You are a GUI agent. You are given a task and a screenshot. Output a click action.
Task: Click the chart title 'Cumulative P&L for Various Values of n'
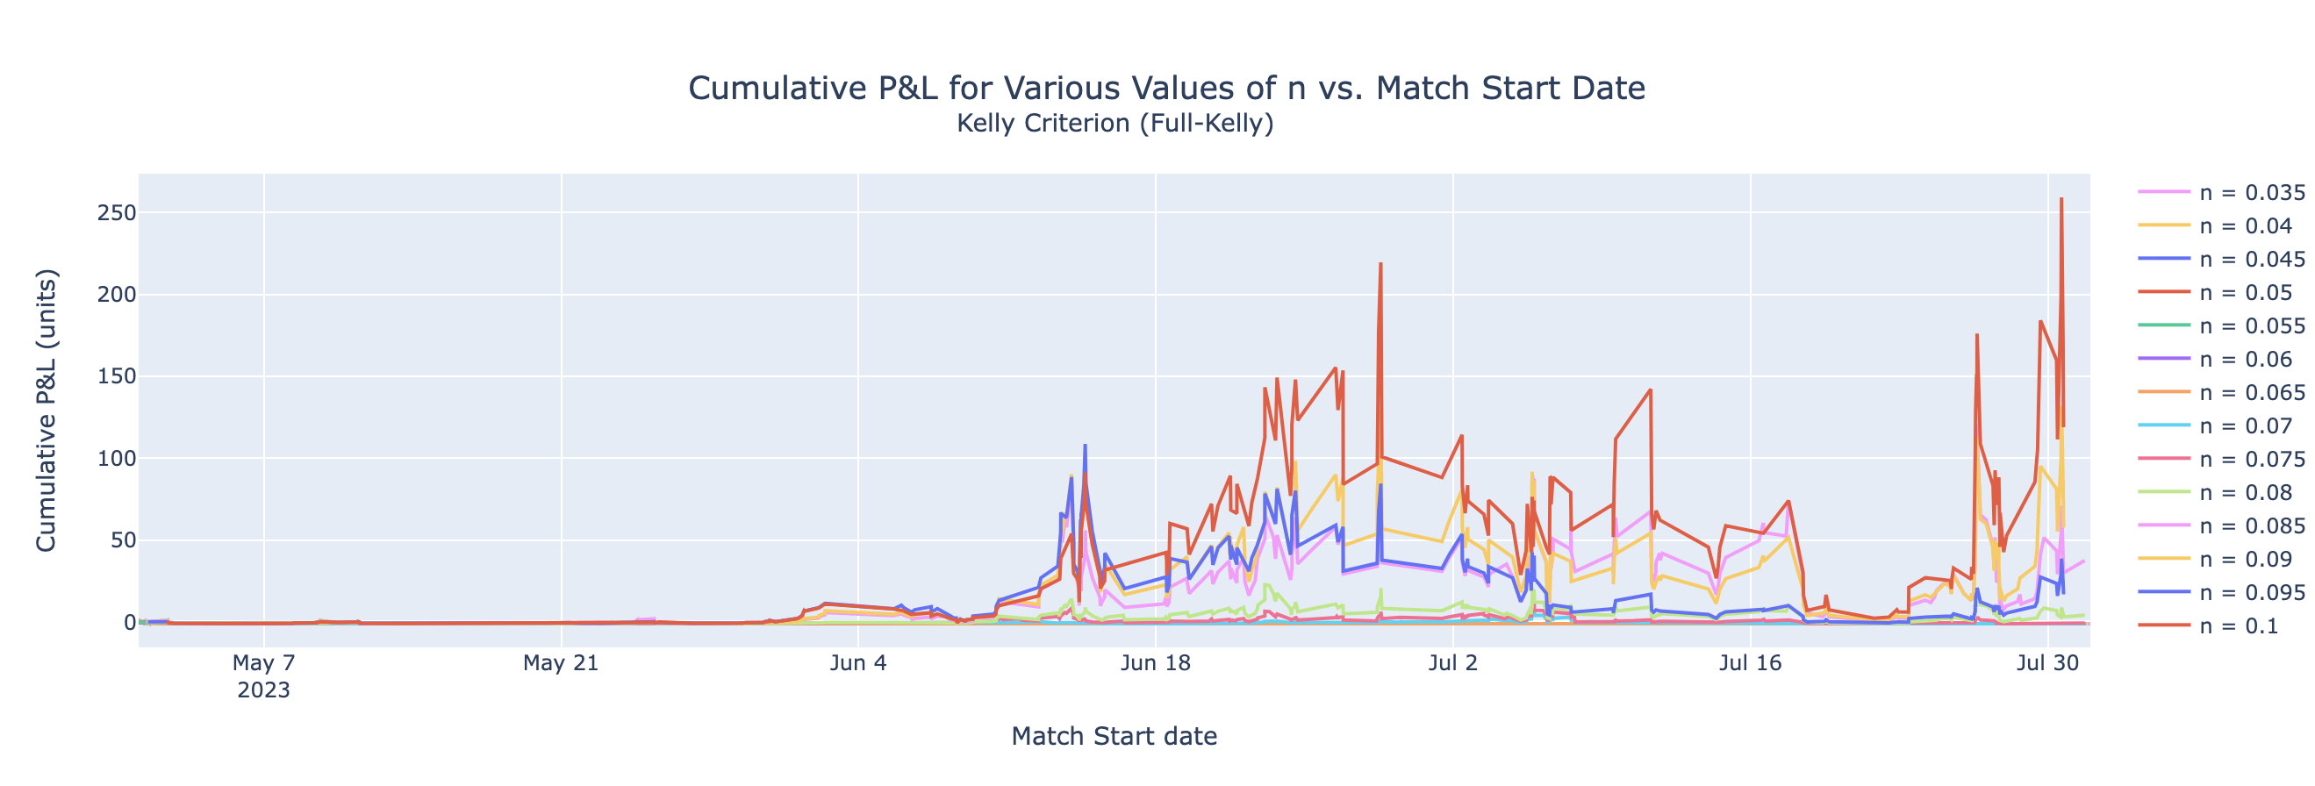coord(1165,88)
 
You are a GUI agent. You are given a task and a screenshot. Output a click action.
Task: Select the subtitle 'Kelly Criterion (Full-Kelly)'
coord(1114,123)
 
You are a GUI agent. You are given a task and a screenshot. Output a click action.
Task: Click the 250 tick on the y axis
coord(118,213)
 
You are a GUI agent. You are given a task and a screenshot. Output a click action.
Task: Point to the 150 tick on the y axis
coord(118,376)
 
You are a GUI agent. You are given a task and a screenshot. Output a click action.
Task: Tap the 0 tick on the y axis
coord(129,622)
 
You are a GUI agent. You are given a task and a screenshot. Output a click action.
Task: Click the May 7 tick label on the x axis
coord(263,664)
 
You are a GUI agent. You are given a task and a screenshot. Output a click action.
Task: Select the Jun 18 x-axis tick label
coord(1155,664)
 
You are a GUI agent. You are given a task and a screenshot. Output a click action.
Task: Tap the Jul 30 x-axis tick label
coord(2046,664)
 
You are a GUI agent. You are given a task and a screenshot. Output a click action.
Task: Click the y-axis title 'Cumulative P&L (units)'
coord(46,410)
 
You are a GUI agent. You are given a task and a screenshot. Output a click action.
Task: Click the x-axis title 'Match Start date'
coord(1114,737)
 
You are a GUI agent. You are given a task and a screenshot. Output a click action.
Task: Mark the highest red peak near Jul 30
coord(2061,199)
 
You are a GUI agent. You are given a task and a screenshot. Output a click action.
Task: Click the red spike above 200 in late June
coord(1380,264)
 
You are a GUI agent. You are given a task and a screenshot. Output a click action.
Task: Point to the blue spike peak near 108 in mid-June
coord(1085,446)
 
